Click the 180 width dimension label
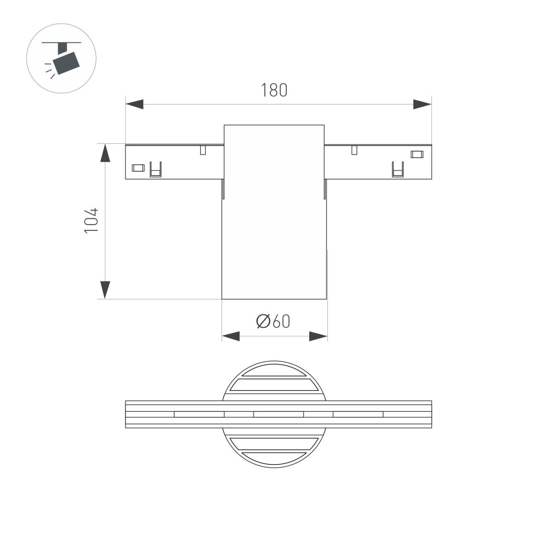pos(274,90)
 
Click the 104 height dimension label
pos(91,220)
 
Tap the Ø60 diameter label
pos(273,321)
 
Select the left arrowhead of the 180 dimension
pos(134,105)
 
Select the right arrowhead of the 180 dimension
pos(422,105)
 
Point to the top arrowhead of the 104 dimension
pos(105,153)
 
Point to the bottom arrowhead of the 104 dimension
pos(105,290)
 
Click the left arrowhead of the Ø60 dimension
pos(231,336)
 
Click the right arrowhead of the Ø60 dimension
pos(318,336)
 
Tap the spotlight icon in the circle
pos(62,58)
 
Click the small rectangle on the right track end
pos(416,155)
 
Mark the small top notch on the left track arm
pos(203,150)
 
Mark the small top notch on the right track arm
pos(354,150)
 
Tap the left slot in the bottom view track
pos(199,414)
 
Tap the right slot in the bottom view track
pos(358,414)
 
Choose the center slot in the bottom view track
pos(278,414)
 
